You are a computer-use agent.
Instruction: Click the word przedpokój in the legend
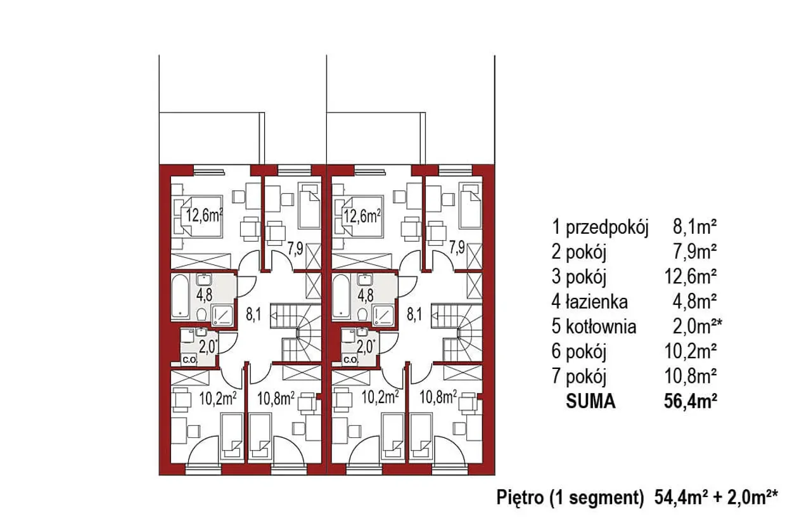pos(607,227)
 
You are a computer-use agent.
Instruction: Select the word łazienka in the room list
pos(597,302)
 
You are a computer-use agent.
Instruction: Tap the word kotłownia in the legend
pos(601,326)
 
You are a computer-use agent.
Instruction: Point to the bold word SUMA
pos(591,401)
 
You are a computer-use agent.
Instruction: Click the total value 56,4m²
pos(691,401)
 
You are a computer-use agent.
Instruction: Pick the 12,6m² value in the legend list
pos(691,277)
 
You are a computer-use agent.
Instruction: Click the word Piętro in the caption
pos(520,498)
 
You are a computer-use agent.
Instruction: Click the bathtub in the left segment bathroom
pos(180,297)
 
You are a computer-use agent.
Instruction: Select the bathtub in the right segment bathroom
pos(341,297)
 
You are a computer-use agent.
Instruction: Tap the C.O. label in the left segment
pos(189,360)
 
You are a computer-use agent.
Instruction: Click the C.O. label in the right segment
pos(350,360)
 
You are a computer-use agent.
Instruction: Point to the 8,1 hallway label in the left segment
pos(253,314)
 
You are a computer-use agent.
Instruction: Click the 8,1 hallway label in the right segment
pos(414,314)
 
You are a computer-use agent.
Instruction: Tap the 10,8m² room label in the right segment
pos(438,397)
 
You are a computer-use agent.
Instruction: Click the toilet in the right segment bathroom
pos(362,314)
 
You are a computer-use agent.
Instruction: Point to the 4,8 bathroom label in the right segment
pos(366,295)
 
